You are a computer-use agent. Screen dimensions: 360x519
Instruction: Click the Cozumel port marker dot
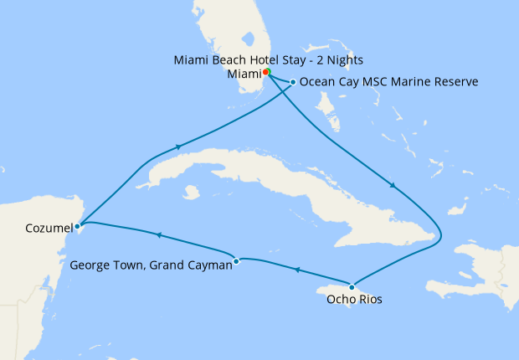pos(77,225)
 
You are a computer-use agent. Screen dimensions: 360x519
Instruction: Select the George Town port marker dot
pos(237,260)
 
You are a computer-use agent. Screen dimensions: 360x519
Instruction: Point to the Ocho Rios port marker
pos(352,288)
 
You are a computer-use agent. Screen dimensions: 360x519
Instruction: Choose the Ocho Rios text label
pos(354,300)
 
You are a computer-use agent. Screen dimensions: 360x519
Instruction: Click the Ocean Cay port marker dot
pos(292,82)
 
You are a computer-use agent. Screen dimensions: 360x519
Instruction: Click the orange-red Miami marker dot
pos(265,72)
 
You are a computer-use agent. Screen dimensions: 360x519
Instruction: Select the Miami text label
pos(244,74)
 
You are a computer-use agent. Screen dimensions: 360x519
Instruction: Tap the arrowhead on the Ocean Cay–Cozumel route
pos(178,147)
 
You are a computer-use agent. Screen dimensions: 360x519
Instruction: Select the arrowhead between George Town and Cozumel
pos(157,234)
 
